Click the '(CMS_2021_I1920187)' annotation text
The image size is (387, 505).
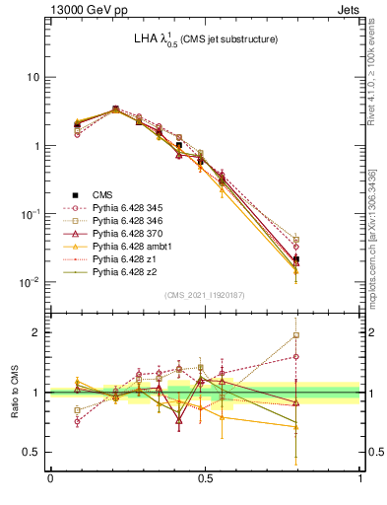click(205, 294)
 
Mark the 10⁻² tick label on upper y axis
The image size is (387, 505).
click(30, 282)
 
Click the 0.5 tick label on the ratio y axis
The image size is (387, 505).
click(32, 452)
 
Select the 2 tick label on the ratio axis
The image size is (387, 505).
click(37, 332)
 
